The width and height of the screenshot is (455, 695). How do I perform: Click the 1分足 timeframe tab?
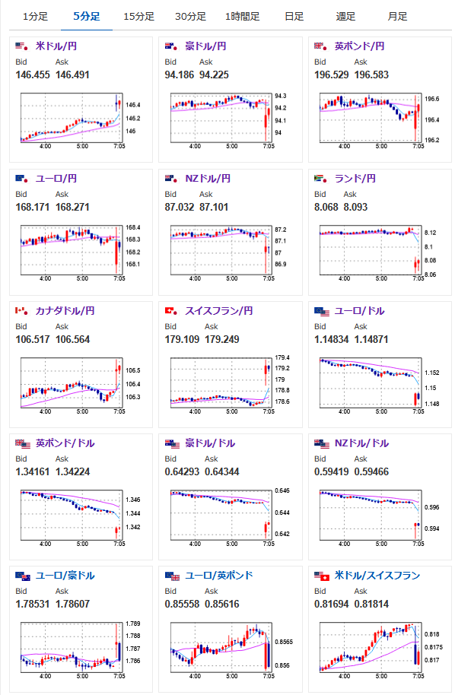(x=36, y=17)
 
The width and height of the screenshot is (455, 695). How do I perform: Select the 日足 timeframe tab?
(x=294, y=17)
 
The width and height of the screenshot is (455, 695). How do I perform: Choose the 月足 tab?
(x=397, y=17)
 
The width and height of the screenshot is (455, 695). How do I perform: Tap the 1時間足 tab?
(x=243, y=17)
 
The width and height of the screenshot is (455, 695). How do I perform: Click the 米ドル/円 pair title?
(x=56, y=46)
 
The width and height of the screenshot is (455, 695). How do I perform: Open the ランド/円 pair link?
(x=355, y=179)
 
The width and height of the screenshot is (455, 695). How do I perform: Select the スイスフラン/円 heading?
(x=219, y=311)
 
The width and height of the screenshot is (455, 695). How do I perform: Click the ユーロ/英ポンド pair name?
(x=219, y=576)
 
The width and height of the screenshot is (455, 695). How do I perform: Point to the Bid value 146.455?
(x=33, y=75)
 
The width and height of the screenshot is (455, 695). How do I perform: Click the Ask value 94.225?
(x=215, y=75)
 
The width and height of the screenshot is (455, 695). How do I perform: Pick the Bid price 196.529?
(x=332, y=75)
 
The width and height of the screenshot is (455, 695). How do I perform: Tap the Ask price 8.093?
(x=355, y=207)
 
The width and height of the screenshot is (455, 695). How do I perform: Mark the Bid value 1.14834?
(x=332, y=340)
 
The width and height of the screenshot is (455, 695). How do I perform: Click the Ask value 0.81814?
(x=371, y=605)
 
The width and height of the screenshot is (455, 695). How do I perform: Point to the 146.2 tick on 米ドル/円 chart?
(x=133, y=119)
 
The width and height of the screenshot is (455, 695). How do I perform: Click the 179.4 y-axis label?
(x=282, y=357)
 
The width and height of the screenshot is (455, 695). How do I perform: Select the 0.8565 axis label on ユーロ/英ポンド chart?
(x=284, y=642)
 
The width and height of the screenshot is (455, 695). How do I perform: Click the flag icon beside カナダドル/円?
(x=22, y=311)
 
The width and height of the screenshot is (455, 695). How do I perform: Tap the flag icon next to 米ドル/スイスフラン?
(x=322, y=576)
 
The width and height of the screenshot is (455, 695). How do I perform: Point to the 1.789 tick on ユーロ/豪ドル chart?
(x=133, y=624)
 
